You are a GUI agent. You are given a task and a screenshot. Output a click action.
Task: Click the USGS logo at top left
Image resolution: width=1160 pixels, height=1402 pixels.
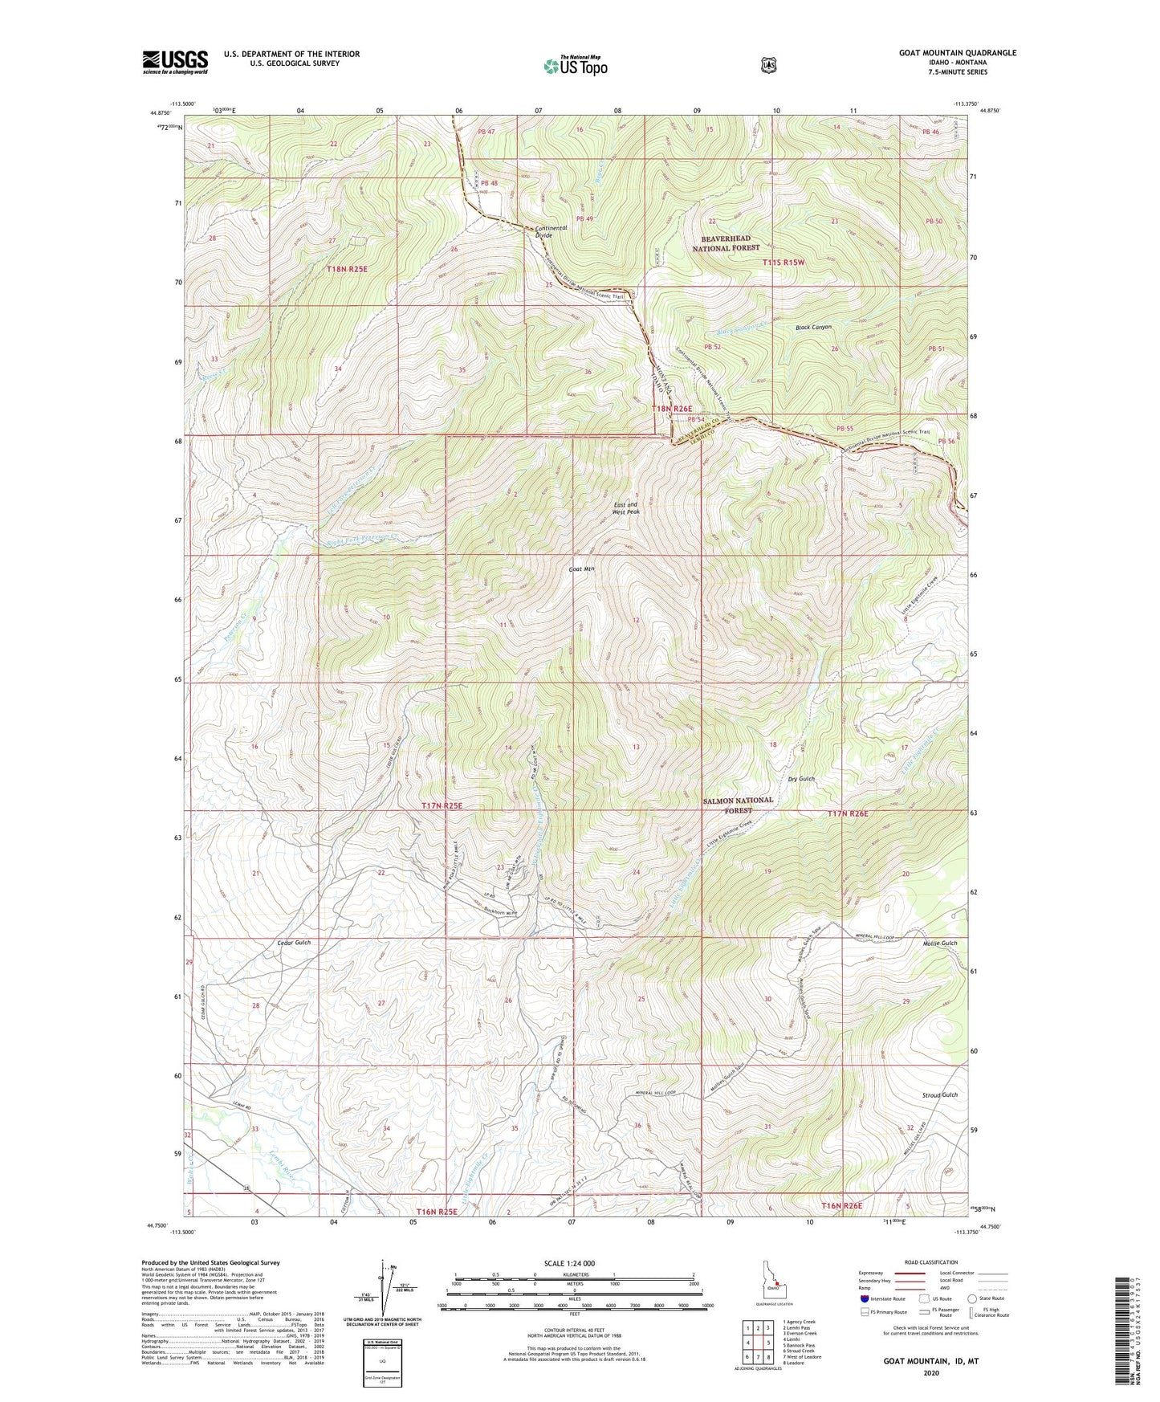click(x=175, y=62)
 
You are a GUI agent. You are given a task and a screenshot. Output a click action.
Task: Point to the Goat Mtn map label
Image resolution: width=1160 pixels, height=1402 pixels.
click(x=580, y=569)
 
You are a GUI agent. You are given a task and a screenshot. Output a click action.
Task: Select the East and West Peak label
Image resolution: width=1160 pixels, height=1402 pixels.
click(x=625, y=507)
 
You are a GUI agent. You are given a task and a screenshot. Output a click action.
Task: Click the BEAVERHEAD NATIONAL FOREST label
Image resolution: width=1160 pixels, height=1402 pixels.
click(x=726, y=243)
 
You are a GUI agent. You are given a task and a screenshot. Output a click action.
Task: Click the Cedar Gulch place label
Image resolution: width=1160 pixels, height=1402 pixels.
click(x=293, y=942)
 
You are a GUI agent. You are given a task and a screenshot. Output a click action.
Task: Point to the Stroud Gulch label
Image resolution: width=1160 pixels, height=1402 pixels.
click(x=939, y=1094)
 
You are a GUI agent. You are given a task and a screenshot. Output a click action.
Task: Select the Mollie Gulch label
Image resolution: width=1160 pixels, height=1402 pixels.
click(x=940, y=943)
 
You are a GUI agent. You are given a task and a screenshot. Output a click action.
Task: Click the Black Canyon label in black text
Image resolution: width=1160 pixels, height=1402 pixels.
click(x=813, y=328)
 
